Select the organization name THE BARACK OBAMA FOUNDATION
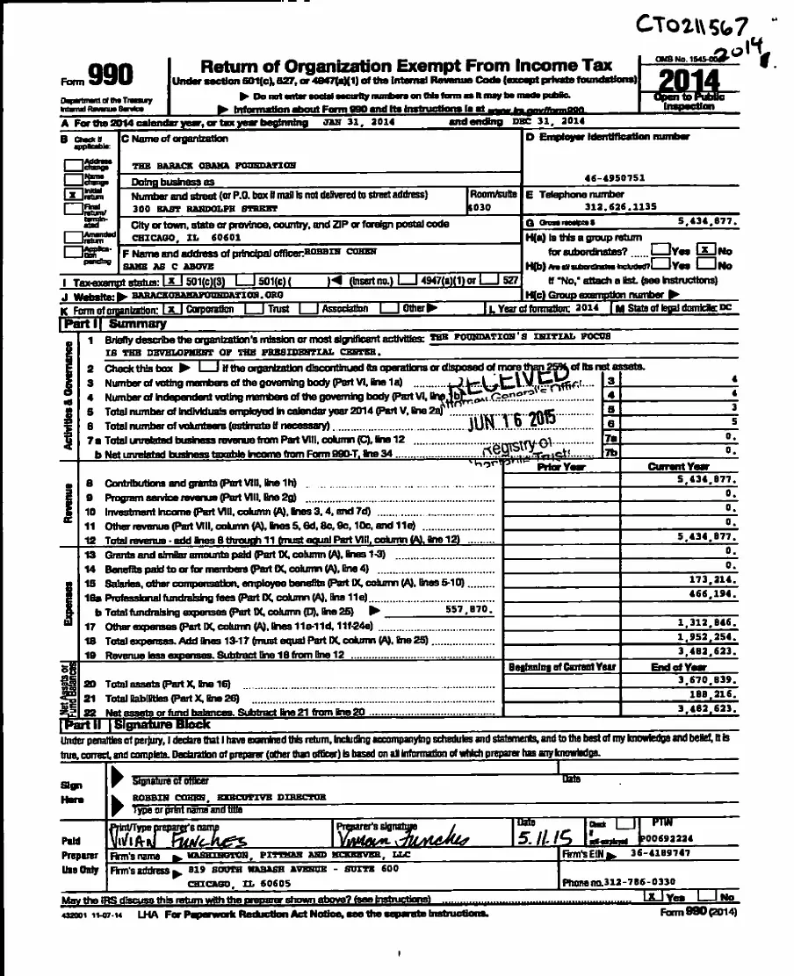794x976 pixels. coord(213,165)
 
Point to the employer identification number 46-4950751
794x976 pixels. coord(614,177)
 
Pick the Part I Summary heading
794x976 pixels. coord(113,324)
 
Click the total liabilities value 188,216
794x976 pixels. coord(710,693)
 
